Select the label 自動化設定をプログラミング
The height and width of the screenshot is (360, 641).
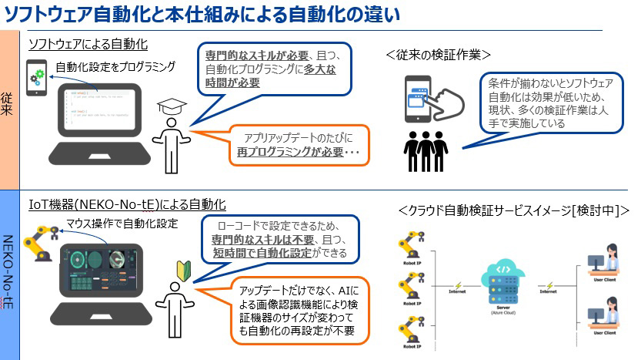click(x=115, y=67)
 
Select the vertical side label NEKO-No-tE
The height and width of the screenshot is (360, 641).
click(x=8, y=277)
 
